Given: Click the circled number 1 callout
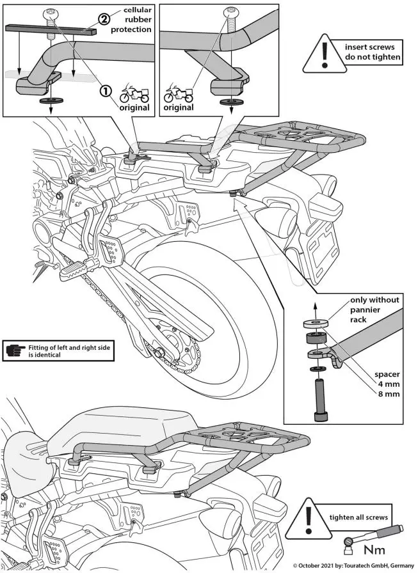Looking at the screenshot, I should [104, 91].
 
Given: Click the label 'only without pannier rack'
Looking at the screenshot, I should [374, 310].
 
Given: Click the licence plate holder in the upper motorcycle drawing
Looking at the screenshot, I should [322, 242].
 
